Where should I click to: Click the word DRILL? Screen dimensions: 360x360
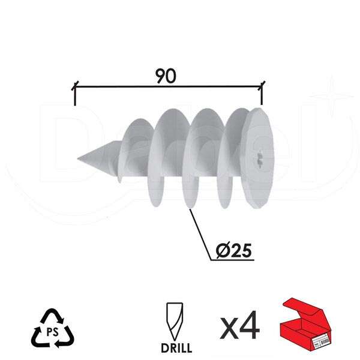tap(176, 347)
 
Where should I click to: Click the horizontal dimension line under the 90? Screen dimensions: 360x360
tap(168, 88)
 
